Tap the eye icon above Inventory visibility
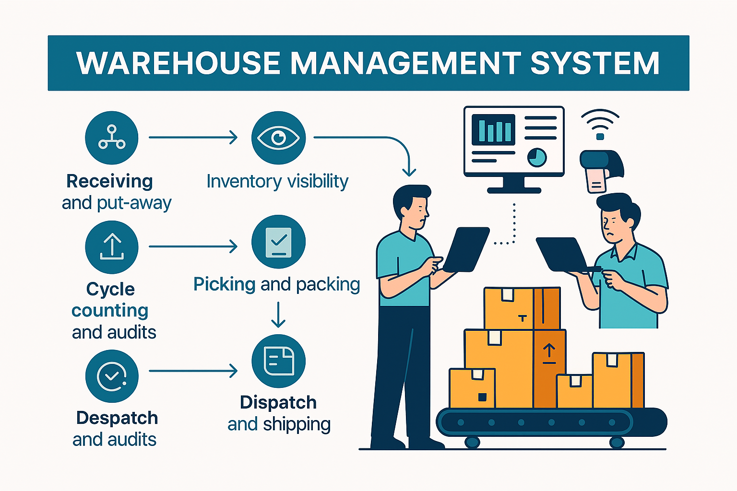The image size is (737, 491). pyautogui.click(x=278, y=138)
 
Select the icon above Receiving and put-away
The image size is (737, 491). pyautogui.click(x=111, y=138)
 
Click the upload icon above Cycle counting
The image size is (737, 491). pyautogui.click(x=111, y=247)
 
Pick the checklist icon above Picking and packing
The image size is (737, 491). pyautogui.click(x=278, y=242)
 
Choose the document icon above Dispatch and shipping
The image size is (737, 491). pyautogui.click(x=278, y=361)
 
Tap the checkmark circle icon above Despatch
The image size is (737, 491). pyautogui.click(x=111, y=376)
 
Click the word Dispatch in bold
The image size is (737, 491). pyautogui.click(x=278, y=402)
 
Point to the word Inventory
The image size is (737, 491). pyautogui.click(x=244, y=181)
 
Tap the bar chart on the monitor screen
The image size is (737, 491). pyautogui.click(x=493, y=129)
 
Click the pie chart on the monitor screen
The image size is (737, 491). pyautogui.click(x=537, y=157)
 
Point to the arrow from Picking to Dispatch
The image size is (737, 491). pyautogui.click(x=278, y=315)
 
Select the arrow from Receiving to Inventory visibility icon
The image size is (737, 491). pyautogui.click(x=193, y=138)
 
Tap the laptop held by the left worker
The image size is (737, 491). pyautogui.click(x=465, y=249)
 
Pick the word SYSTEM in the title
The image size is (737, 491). pyautogui.click(x=595, y=63)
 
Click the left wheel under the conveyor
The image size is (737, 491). pyautogui.click(x=472, y=442)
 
